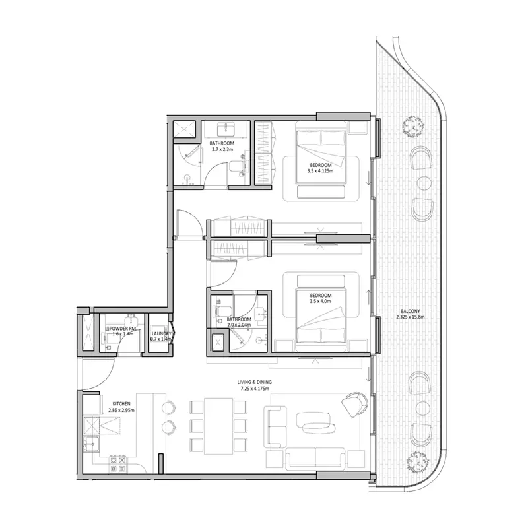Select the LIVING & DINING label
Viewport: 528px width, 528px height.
click(x=255, y=382)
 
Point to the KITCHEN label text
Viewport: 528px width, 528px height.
click(x=121, y=403)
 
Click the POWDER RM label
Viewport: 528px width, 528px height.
click(x=122, y=328)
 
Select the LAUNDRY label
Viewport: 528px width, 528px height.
click(x=161, y=334)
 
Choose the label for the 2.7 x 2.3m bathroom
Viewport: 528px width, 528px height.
click(x=222, y=143)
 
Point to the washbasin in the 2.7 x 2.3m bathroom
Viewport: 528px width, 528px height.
click(x=225, y=129)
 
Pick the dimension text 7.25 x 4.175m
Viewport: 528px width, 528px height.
click(x=255, y=389)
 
